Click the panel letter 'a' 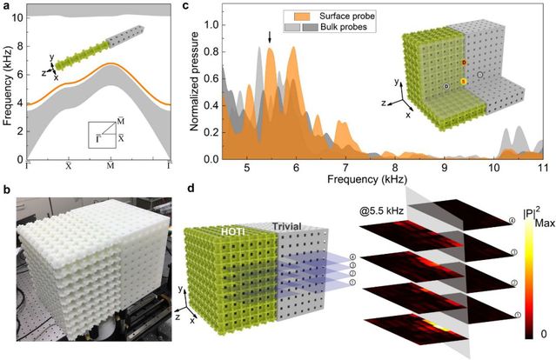click(x=6, y=7)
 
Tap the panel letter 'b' click(x=6, y=186)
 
